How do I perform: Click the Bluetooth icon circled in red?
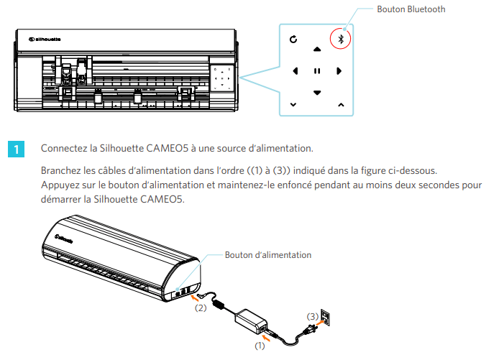tap(341, 39)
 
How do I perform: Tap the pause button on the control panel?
tap(316, 71)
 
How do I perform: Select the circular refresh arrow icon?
tap(293, 39)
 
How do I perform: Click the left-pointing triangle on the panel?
tap(295, 71)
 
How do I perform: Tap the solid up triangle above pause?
tap(316, 50)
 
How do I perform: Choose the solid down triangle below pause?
tap(316, 93)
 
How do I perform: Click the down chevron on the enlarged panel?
tap(293, 105)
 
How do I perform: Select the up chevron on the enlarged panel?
tap(341, 105)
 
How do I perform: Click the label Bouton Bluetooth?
tap(411, 9)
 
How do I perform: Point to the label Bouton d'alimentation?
tap(268, 255)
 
